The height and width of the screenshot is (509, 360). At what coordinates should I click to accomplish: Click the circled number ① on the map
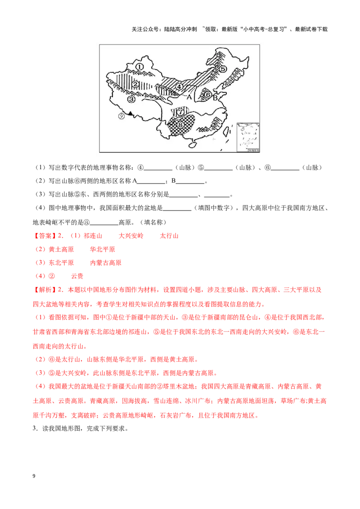(x=139, y=67)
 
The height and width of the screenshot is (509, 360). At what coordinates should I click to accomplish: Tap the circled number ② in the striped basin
(x=135, y=84)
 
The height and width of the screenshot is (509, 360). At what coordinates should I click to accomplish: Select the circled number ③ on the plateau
(x=131, y=99)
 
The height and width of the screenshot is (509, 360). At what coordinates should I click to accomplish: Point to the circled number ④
(x=179, y=86)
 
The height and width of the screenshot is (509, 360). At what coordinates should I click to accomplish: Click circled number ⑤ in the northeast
(x=222, y=69)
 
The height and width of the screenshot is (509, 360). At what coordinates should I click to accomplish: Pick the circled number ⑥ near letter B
(x=207, y=95)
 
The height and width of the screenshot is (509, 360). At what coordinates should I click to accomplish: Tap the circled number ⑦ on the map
(x=181, y=111)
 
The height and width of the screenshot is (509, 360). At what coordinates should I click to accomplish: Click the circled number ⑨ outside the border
(x=121, y=116)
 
